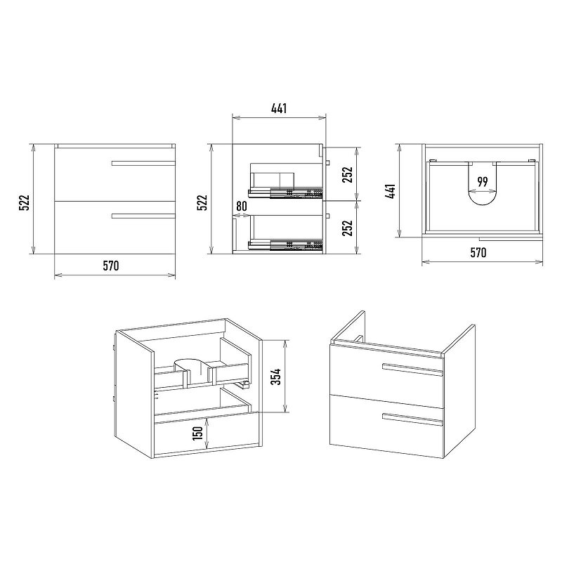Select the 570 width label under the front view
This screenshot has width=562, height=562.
coord(111,266)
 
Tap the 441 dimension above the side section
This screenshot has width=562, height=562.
coord(279,108)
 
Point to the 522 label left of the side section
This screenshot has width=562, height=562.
coord(202,202)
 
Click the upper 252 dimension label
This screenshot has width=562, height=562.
coord(347,174)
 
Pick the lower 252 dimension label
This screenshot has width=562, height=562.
coord(347,228)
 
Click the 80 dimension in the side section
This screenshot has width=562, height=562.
coord(242,206)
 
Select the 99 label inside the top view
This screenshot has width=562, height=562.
coord(483,182)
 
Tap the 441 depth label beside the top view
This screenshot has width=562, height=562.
coord(391,190)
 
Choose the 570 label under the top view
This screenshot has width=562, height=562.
coord(478,253)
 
